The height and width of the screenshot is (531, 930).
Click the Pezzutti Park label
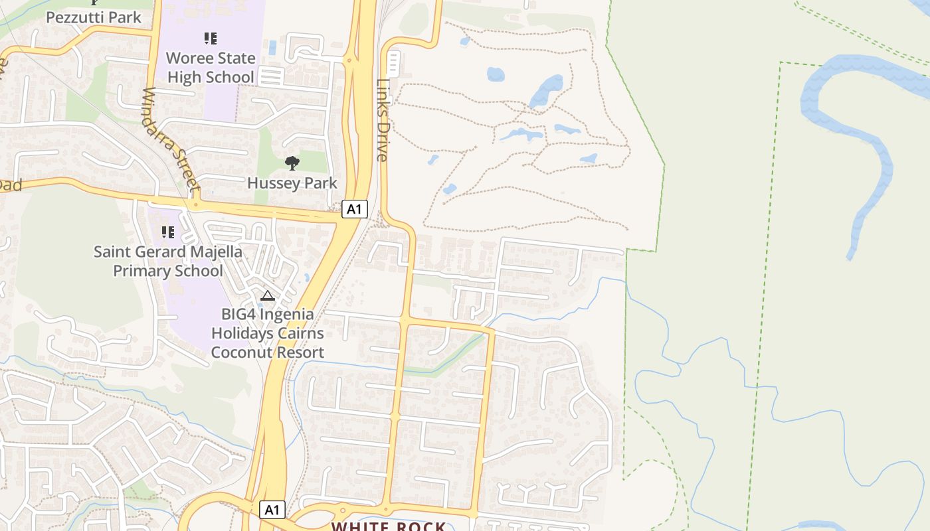[94, 17]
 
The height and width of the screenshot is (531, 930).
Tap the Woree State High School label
[210, 68]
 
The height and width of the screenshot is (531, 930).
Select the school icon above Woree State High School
[211, 38]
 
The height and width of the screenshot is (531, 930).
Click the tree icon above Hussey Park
[292, 163]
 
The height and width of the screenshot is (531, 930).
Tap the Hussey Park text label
[292, 183]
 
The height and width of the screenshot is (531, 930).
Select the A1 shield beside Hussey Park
[355, 210]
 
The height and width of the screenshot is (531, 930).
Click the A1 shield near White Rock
[271, 510]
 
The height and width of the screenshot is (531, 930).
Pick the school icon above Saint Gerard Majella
[168, 232]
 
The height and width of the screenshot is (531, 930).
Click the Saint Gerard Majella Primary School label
[168, 262]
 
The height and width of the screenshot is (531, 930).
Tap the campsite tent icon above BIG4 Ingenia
[268, 295]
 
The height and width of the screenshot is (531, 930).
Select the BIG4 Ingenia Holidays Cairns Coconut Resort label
[268, 333]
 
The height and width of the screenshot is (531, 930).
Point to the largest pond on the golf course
[546, 91]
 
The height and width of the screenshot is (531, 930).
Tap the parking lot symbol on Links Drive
[393, 63]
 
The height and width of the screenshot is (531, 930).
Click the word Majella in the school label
[214, 252]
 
